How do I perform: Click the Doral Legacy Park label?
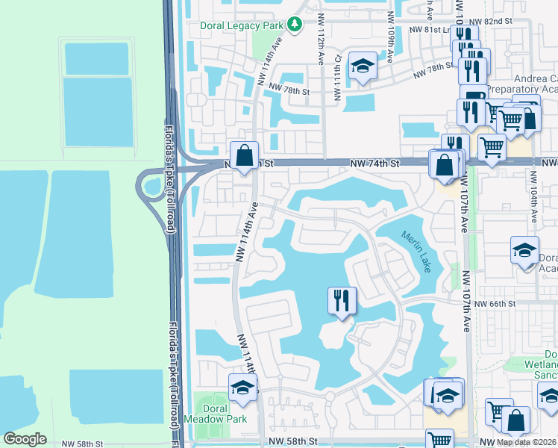coord(242,25)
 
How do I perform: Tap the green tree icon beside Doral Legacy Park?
coord(295,25)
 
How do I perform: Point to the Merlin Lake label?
coord(416,251)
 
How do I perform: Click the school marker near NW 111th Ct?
coord(363,67)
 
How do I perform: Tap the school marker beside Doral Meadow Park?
coord(242,388)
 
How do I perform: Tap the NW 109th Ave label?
coord(390,28)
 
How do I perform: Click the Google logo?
coord(25,439)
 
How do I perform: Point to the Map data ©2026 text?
coord(527,442)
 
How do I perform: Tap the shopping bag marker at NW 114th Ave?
coord(244,156)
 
